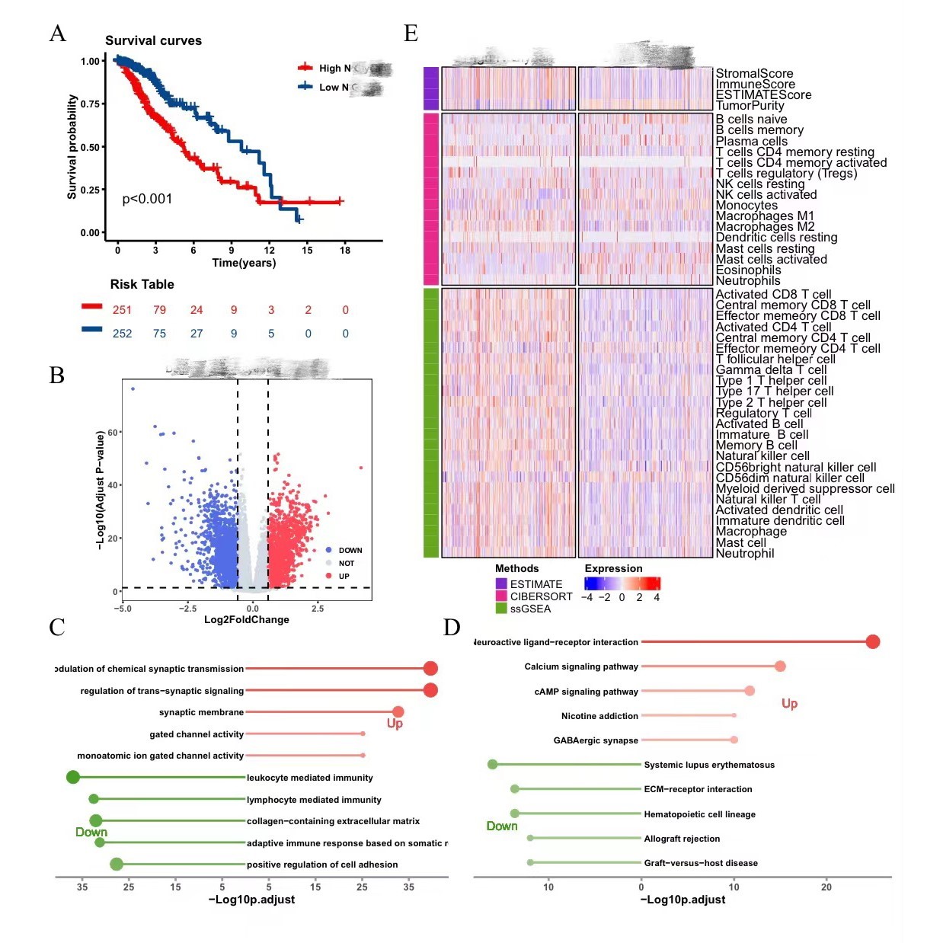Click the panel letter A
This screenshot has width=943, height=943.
point(57,34)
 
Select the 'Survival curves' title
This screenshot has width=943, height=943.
point(153,41)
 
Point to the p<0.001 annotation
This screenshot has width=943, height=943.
point(147,199)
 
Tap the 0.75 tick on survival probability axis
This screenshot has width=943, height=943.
point(91,104)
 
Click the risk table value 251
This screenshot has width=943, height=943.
point(122,310)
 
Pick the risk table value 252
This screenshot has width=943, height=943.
point(122,334)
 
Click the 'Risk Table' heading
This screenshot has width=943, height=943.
point(142,284)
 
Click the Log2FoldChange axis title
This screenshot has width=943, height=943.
point(246,619)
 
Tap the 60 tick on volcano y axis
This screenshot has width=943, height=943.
point(113,433)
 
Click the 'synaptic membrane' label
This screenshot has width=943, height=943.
point(201,712)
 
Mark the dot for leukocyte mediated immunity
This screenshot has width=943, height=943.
point(73,777)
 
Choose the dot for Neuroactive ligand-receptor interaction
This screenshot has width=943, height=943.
point(873,642)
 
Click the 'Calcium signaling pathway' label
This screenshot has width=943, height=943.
point(580,666)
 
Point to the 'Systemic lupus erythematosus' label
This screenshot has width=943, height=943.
point(708,765)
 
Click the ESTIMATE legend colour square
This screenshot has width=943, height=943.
point(501,584)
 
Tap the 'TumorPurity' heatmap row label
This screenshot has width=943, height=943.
point(750,106)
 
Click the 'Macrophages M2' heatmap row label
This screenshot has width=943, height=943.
point(765,227)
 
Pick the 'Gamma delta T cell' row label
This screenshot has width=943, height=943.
point(771,370)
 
